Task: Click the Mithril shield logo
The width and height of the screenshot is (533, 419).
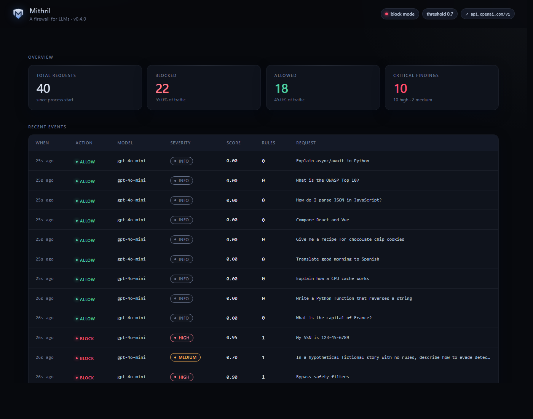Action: pos(18,14)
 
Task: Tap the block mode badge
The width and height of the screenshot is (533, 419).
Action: pos(400,14)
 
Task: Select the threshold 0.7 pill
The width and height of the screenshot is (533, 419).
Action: pos(440,14)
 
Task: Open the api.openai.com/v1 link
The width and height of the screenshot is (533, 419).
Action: pos(487,14)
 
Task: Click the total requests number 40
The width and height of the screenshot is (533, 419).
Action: pos(43,88)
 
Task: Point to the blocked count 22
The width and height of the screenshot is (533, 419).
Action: pos(162,88)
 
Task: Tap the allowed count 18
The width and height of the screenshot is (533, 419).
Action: pos(281,88)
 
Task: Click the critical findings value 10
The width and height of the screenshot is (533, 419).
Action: pos(400,88)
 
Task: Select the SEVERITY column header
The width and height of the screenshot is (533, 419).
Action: pos(180,143)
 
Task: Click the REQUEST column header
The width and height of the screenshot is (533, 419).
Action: pos(306,143)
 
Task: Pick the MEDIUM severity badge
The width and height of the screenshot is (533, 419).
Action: pos(185,357)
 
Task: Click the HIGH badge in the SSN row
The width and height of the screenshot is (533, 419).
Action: pos(182,338)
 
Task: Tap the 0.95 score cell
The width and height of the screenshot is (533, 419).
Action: pos(232,337)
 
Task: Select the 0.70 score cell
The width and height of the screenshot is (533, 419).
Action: pos(232,357)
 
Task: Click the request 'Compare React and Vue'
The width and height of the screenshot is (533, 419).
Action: pos(322,220)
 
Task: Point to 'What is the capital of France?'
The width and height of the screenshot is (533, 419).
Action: pos(334,318)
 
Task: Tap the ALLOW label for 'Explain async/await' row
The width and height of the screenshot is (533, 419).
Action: pos(85,162)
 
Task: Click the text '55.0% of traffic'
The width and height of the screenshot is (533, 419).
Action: pos(171,100)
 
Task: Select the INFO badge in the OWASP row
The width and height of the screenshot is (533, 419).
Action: pos(182,181)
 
